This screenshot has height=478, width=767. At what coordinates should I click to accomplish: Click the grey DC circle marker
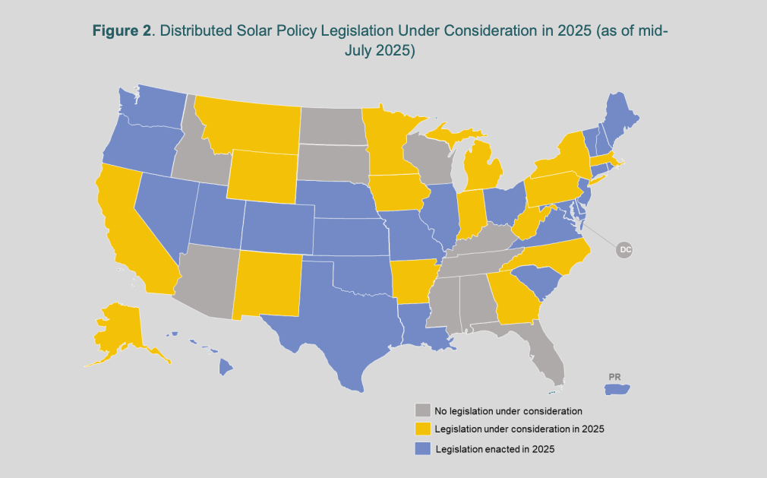(624, 249)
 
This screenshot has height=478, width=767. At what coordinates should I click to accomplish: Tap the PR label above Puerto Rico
(615, 377)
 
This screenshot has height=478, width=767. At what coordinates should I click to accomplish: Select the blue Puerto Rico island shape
(619, 390)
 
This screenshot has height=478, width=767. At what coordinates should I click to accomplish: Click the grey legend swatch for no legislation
(422, 410)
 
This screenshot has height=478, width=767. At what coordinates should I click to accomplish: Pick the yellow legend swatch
(422, 429)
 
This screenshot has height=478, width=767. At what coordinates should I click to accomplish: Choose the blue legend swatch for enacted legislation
(422, 449)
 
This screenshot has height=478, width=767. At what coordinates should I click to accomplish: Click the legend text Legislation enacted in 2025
(495, 449)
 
